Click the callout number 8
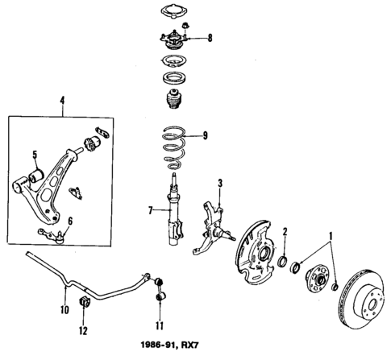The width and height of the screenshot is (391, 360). (210, 38)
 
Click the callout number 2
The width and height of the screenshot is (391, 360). (285, 233)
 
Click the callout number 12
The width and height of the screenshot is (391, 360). (82, 330)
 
